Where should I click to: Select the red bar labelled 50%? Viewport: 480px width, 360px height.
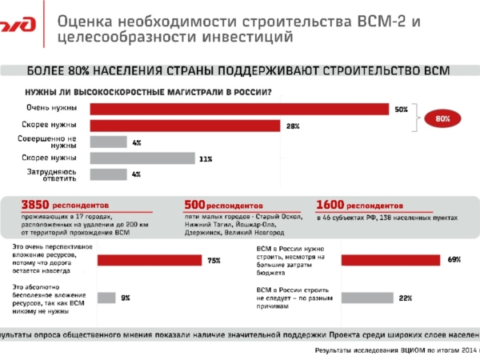coord(239,109)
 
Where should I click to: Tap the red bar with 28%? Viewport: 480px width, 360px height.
coord(185,126)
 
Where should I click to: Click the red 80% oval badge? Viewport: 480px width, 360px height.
coord(442,118)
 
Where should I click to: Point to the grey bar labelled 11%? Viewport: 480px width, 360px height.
coord(142,158)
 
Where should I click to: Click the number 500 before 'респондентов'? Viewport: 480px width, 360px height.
coord(196,204)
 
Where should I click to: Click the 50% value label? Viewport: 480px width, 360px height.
coord(401,109)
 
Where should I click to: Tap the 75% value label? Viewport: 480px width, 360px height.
coord(214,260)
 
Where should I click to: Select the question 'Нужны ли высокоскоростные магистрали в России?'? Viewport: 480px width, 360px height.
coord(148,91)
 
